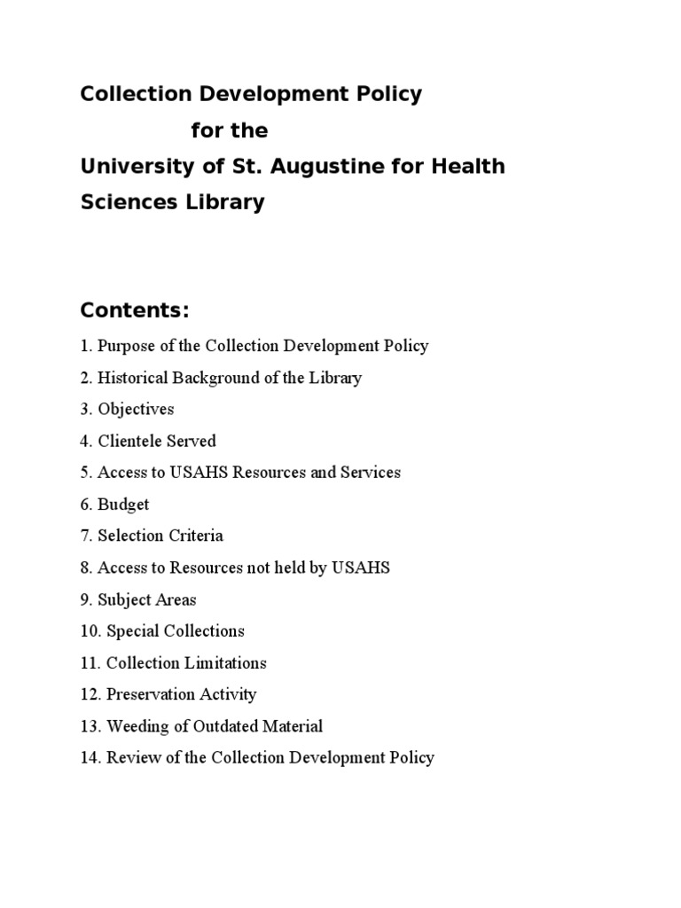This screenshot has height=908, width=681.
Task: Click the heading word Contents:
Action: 135,311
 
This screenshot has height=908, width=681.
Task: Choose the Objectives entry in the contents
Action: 136,410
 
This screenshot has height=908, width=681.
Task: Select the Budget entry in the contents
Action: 123,505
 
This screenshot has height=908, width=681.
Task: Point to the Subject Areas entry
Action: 147,599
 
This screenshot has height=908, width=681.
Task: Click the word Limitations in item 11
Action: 225,663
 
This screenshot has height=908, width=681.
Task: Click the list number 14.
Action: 89,758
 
